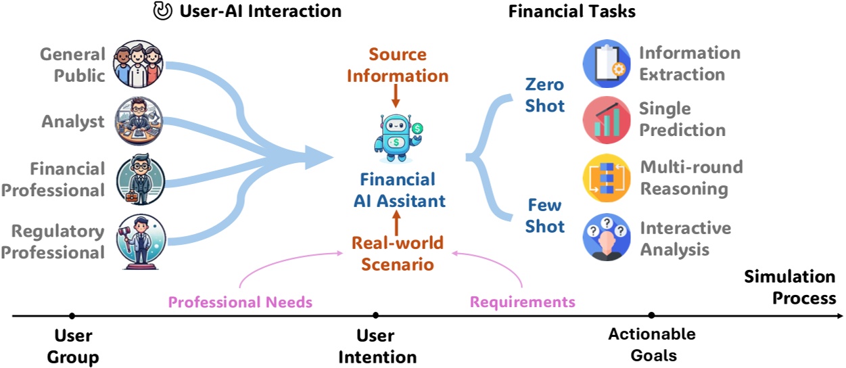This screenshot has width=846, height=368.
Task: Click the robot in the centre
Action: [x=397, y=138]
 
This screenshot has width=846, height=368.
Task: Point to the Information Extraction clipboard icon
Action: [x=606, y=64]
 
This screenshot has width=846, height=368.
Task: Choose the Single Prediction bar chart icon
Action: [x=606, y=119]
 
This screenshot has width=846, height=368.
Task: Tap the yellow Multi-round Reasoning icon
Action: [x=606, y=177]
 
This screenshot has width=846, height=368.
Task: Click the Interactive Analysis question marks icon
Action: [x=606, y=237]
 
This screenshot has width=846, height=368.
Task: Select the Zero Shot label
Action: [x=545, y=95]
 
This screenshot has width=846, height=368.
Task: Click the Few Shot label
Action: [x=545, y=215]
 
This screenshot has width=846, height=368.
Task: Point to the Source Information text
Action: [x=398, y=65]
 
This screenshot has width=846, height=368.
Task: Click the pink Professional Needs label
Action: [x=240, y=302]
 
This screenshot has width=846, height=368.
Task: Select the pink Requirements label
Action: [x=523, y=302]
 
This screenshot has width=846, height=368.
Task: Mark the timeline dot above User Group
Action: [x=72, y=315]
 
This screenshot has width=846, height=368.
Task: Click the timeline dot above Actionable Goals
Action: [x=651, y=315]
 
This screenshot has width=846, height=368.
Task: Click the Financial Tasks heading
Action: [x=571, y=11]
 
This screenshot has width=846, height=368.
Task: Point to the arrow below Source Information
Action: [x=396, y=96]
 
